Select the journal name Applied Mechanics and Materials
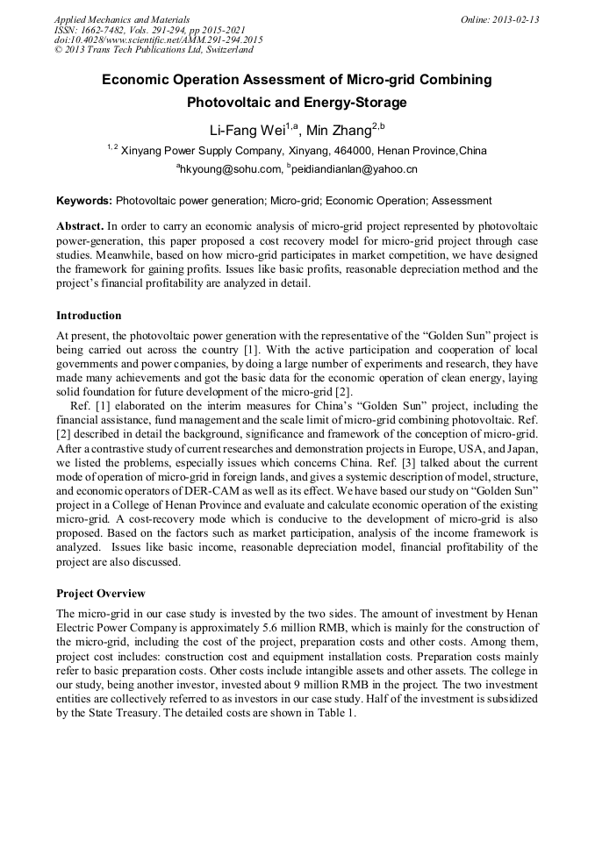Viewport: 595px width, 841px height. (122, 19)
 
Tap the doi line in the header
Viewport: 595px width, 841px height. (158, 40)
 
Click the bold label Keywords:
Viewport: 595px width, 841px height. (84, 201)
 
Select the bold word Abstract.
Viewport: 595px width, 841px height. (81, 226)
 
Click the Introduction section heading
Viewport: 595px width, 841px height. (89, 316)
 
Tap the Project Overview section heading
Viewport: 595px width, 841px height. (101, 594)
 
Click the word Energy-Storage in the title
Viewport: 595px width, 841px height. (356, 103)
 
